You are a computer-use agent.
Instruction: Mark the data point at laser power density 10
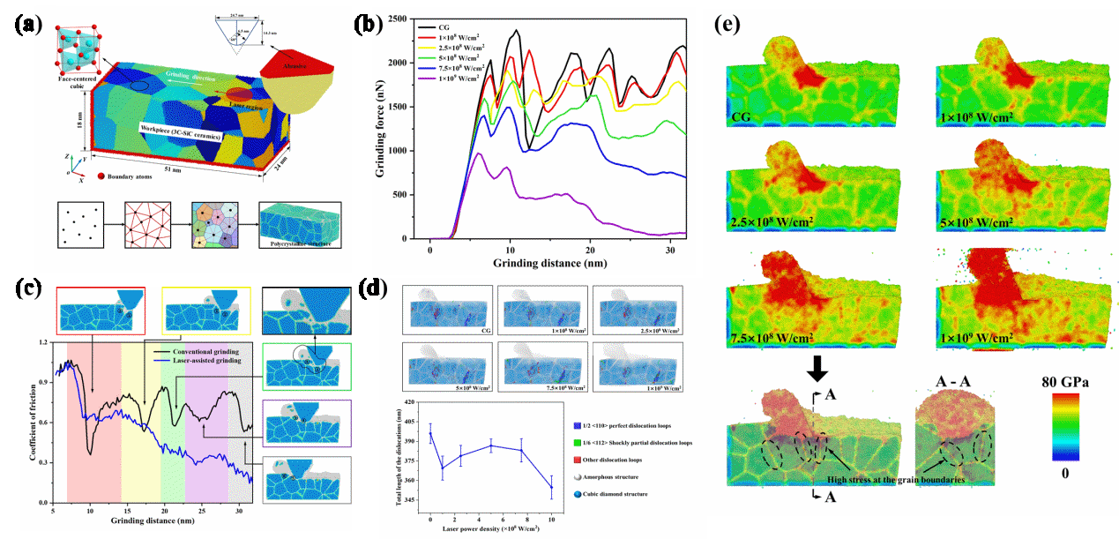tap(551, 487)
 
